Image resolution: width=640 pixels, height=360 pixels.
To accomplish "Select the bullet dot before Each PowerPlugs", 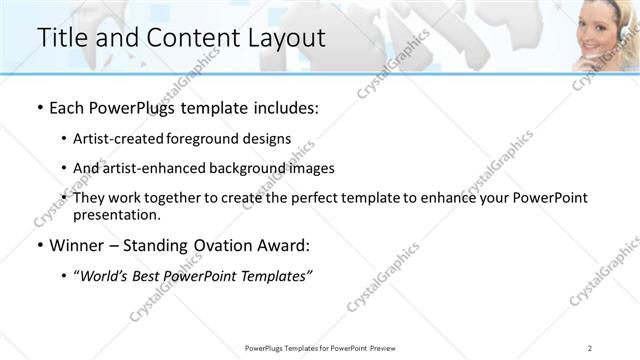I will [x=39, y=107].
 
